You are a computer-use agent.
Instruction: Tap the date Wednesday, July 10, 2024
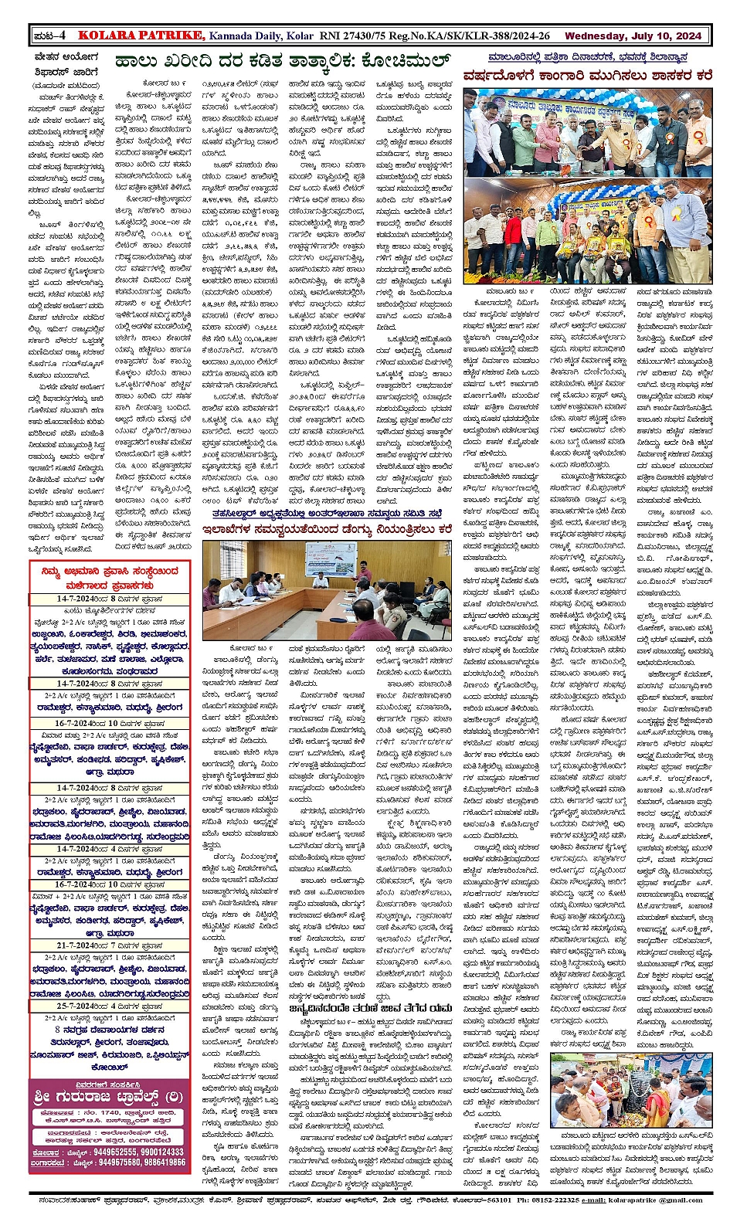[x=633, y=36]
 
